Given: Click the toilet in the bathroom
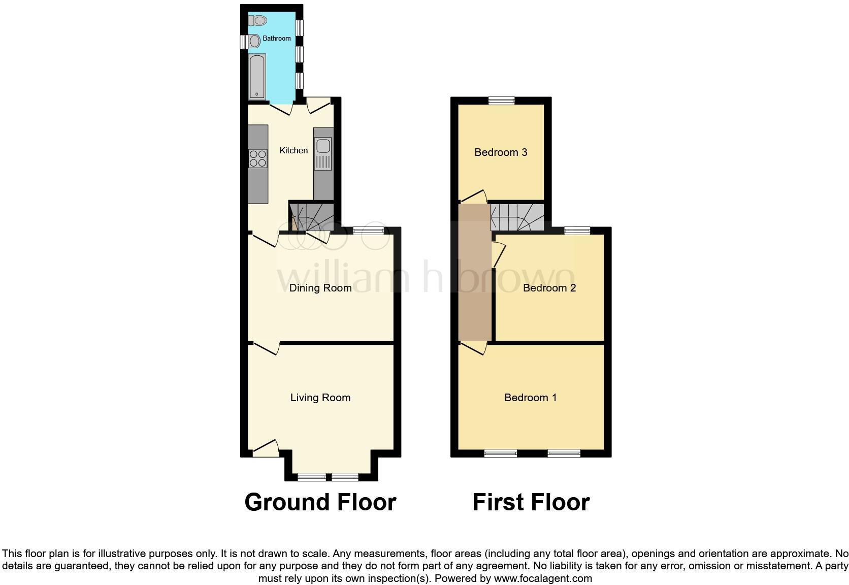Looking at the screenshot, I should pyautogui.click(x=258, y=21).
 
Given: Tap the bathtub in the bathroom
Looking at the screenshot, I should pyautogui.click(x=257, y=76).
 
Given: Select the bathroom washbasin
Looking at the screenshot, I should pyautogui.click(x=254, y=41).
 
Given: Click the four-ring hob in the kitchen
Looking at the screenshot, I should pyautogui.click(x=257, y=159).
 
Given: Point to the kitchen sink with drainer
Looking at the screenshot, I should pyautogui.click(x=323, y=153).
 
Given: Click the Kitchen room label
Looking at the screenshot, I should pyautogui.click(x=293, y=150).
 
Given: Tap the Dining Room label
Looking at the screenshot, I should pyautogui.click(x=320, y=288).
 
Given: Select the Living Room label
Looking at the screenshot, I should pyautogui.click(x=320, y=398).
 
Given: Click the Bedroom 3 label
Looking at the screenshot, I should pyautogui.click(x=501, y=152).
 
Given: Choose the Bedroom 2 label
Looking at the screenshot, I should pyautogui.click(x=549, y=288).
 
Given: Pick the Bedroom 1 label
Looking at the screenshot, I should pyautogui.click(x=530, y=398).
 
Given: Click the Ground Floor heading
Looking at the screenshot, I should pyautogui.click(x=320, y=502).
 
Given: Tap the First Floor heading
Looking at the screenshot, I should pyautogui.click(x=531, y=502).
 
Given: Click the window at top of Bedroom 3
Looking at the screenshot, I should pyautogui.click(x=501, y=101).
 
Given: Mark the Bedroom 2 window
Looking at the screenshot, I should pyautogui.click(x=577, y=231).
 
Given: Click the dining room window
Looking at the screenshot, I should pyautogui.click(x=369, y=231).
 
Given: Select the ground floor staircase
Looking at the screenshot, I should pyautogui.click(x=312, y=217).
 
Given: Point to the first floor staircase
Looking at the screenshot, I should pyautogui.click(x=517, y=217).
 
